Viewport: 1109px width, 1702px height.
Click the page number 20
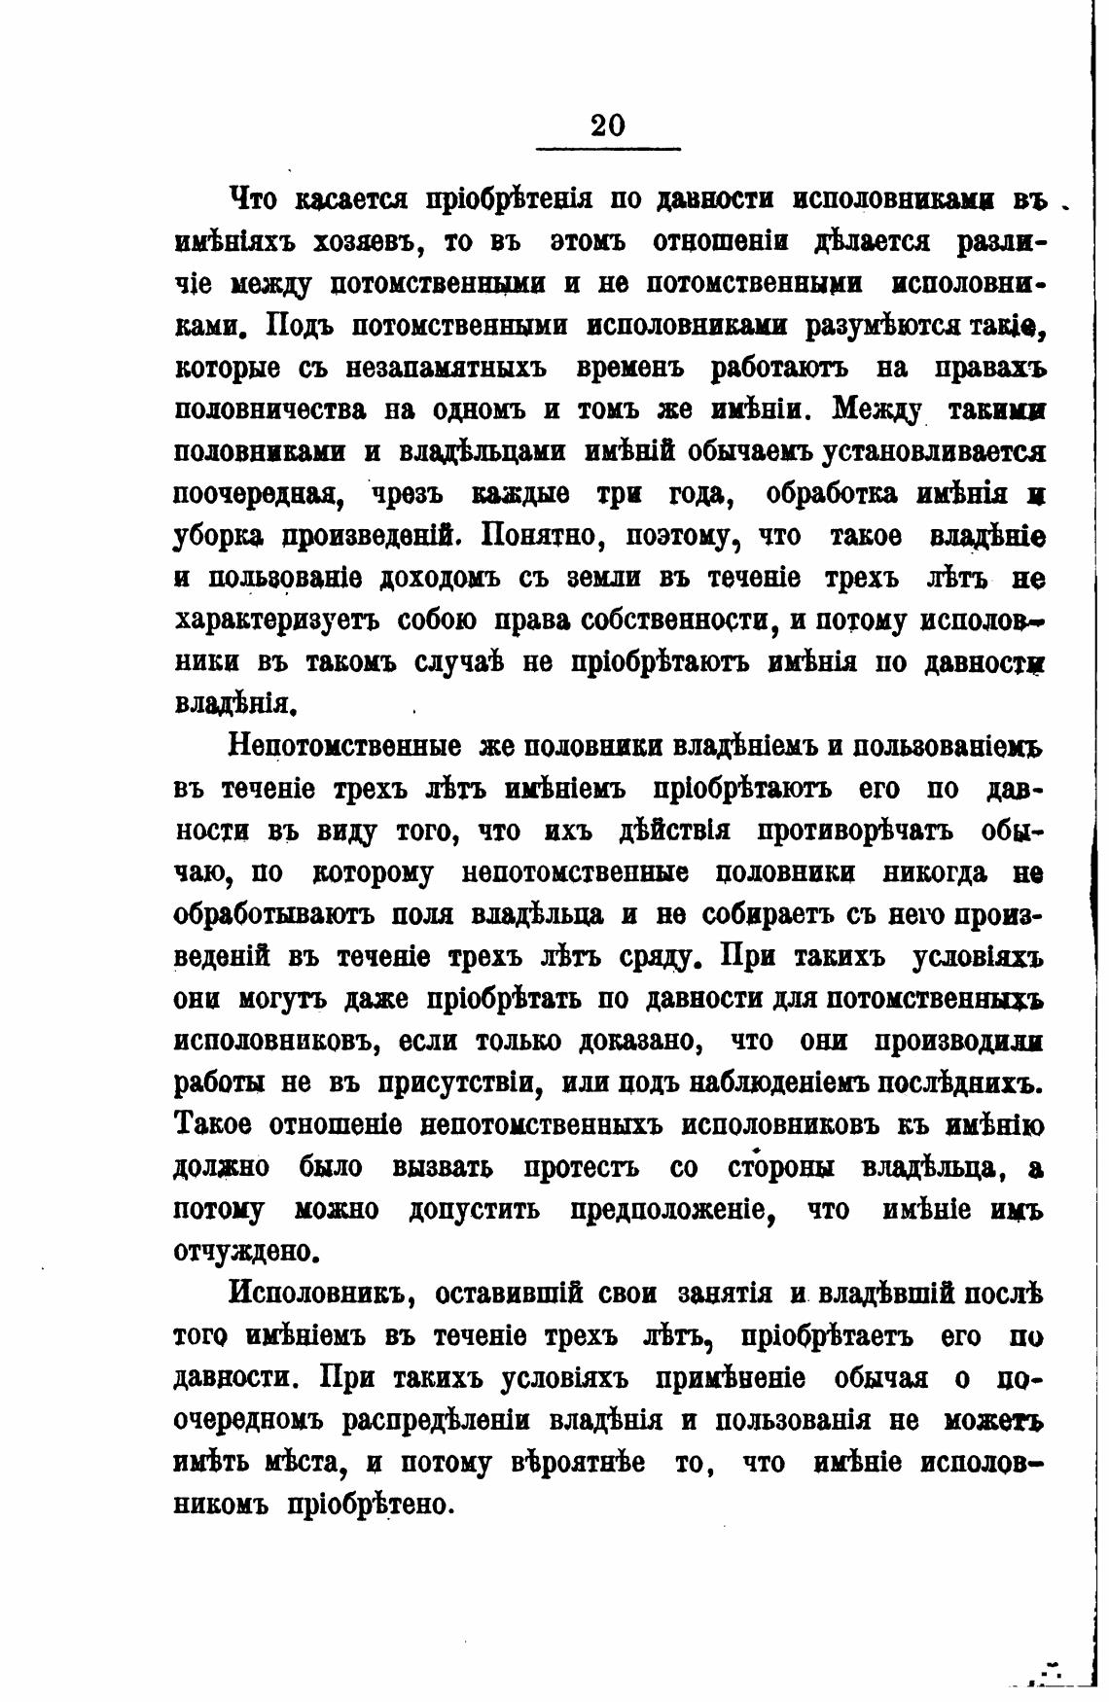(608, 124)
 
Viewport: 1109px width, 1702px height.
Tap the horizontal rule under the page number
(608, 149)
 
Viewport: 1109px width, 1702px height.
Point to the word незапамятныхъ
(425, 369)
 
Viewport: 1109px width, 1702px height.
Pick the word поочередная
(257, 494)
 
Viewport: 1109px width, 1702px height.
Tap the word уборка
(219, 537)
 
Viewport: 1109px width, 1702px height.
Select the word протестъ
(582, 1167)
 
